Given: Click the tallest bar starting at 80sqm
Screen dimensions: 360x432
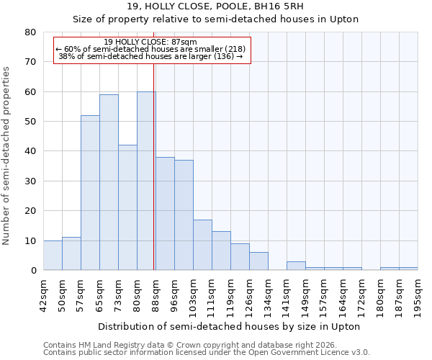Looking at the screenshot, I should coord(146,181).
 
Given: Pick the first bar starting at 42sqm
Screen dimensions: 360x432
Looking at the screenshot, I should coord(53,256).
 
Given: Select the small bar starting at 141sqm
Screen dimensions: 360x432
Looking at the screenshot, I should coord(296,266).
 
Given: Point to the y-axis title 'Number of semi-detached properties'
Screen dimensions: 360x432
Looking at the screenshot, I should coord(7,156).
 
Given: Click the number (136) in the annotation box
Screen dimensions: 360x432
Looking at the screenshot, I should coord(223,56).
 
